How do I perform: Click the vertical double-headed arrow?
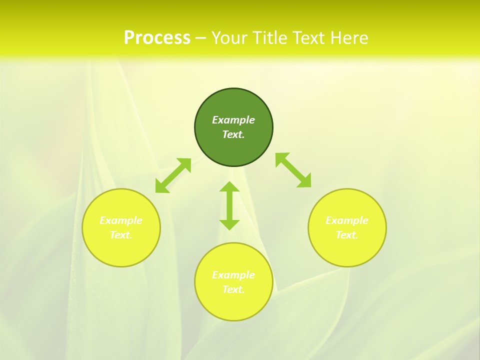229,205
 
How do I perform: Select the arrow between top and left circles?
173,175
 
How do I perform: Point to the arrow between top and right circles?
293,170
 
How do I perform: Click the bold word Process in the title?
157,37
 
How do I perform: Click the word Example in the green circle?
233,120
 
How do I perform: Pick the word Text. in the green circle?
233,134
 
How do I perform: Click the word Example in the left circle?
121,220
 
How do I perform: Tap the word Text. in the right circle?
346,235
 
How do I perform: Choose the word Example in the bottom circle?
233,275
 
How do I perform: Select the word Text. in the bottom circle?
233,289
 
